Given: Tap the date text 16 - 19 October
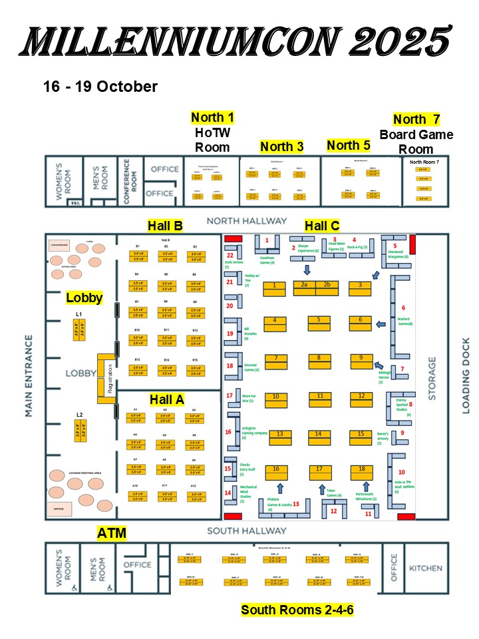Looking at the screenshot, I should click(100, 87).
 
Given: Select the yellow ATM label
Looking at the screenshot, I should click(111, 532).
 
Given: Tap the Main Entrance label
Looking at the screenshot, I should click(29, 376).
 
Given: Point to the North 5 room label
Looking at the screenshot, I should click(349, 145).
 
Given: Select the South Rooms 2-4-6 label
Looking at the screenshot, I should click(297, 610).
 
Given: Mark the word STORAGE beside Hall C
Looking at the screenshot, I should click(433, 375).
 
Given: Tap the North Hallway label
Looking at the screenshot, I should click(247, 221).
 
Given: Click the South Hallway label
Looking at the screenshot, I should click(247, 531).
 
